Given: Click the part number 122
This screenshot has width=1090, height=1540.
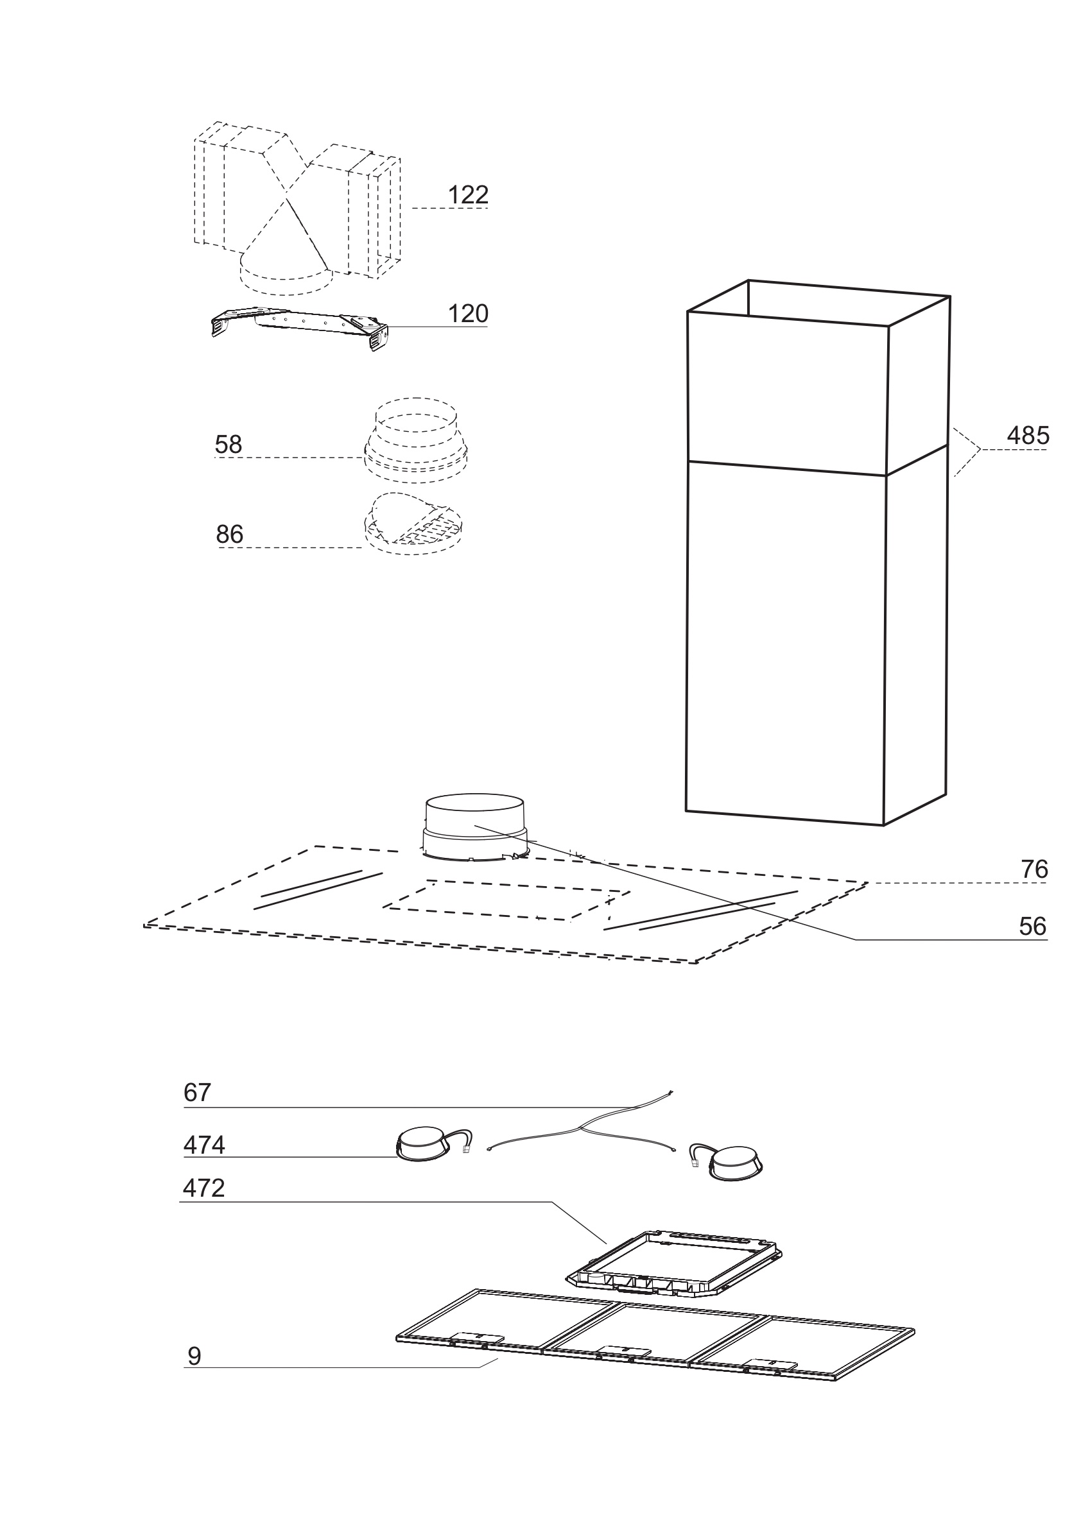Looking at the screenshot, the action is tap(468, 195).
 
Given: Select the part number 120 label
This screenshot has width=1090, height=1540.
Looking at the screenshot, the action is tap(468, 314).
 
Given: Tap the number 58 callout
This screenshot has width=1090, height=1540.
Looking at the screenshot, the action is tap(228, 445).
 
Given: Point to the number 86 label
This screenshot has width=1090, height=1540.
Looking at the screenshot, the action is tap(230, 535).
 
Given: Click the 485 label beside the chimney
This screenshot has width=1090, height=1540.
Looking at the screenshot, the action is tap(1028, 436).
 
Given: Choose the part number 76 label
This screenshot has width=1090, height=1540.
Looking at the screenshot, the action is tap(1034, 870).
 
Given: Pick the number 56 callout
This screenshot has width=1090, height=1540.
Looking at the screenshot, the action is tap(1032, 927).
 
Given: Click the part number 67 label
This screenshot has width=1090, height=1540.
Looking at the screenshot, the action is tap(197, 1093).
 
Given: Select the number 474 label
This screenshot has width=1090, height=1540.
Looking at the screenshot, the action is tap(204, 1145).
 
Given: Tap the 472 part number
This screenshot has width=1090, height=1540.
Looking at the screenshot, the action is tap(204, 1188).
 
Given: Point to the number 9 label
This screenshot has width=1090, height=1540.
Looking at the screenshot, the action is tap(194, 1357).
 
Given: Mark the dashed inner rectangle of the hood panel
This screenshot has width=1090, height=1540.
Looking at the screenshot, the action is tap(506, 902).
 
